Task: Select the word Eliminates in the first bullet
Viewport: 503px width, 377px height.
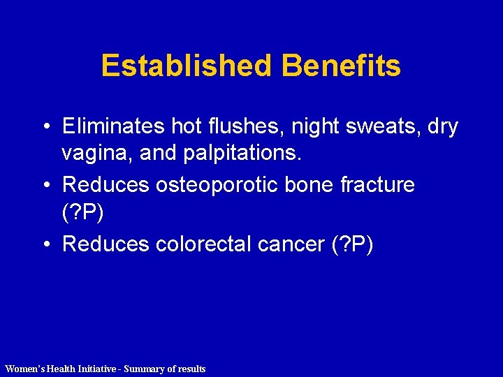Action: [112, 126]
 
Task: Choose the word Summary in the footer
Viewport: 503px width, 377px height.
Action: [143, 369]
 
